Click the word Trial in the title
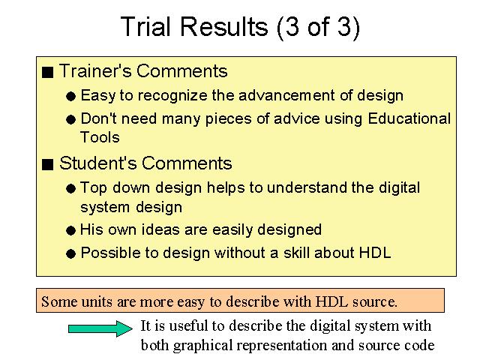pos(145,27)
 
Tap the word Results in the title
pos(224,27)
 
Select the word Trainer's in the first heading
pos(95,71)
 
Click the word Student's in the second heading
pos(98,163)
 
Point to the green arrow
pos(100,328)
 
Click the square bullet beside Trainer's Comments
pos(48,72)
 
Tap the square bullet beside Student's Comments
pos(48,164)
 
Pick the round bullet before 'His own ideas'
pos(70,230)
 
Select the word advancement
pos(286,95)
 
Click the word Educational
pos(409,118)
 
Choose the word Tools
pos(100,137)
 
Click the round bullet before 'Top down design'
pos(70,188)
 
